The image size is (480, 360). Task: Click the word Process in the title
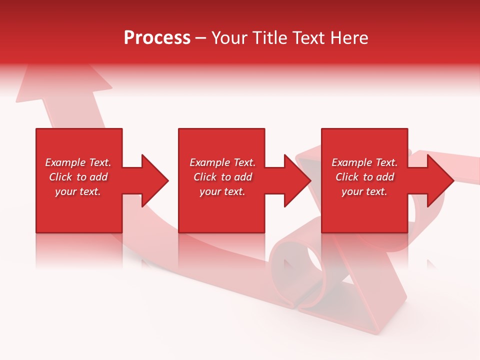pos(157,38)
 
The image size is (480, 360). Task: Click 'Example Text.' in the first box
pos(78,162)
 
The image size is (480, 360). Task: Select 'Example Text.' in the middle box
pos(222,162)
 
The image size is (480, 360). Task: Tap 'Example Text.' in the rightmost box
pos(364,162)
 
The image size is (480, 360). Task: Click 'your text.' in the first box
pos(78,191)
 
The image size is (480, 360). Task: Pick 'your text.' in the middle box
pos(222,191)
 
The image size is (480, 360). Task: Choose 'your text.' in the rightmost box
pos(364,191)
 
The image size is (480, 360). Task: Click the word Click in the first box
pos(60,177)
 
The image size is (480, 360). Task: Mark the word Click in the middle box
pos(205,177)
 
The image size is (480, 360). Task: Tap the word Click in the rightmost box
pos(347,177)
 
